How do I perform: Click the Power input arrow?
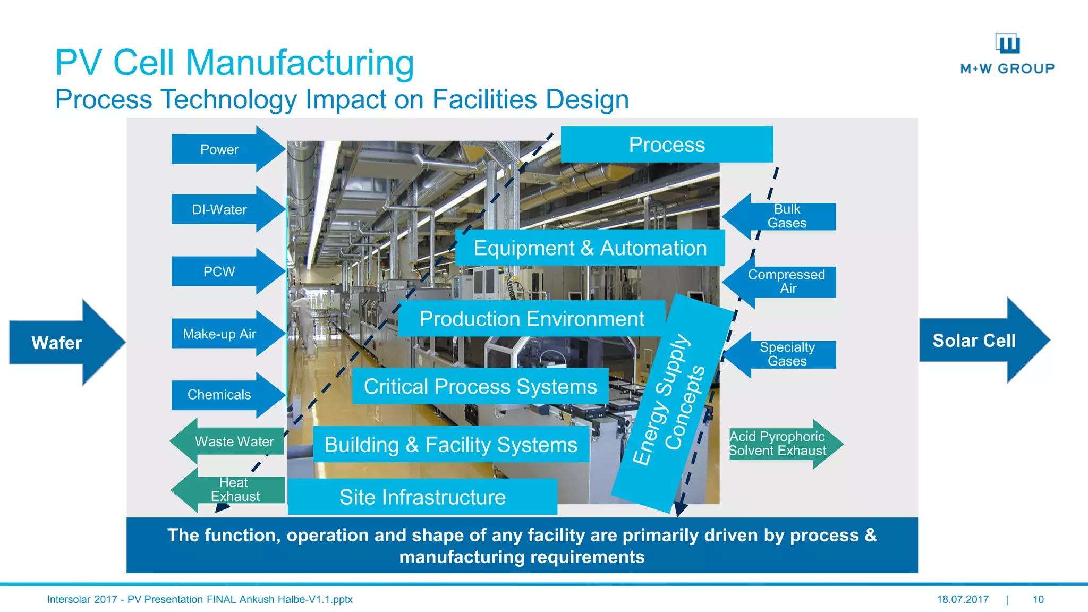(223, 149)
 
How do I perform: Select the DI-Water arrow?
(223, 209)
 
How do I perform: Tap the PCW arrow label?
(219, 271)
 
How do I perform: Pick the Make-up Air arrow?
(223, 334)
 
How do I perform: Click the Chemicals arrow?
(223, 395)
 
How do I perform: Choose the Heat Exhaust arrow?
(231, 489)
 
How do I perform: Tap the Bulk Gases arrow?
(784, 216)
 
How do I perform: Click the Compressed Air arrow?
(784, 282)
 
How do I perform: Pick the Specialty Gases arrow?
(784, 354)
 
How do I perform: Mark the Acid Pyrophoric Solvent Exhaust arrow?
(781, 444)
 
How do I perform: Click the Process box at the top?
(667, 144)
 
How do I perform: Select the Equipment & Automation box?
(590, 248)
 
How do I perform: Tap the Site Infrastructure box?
(422, 497)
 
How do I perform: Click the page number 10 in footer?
(1038, 599)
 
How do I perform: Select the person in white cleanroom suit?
(303, 324)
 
